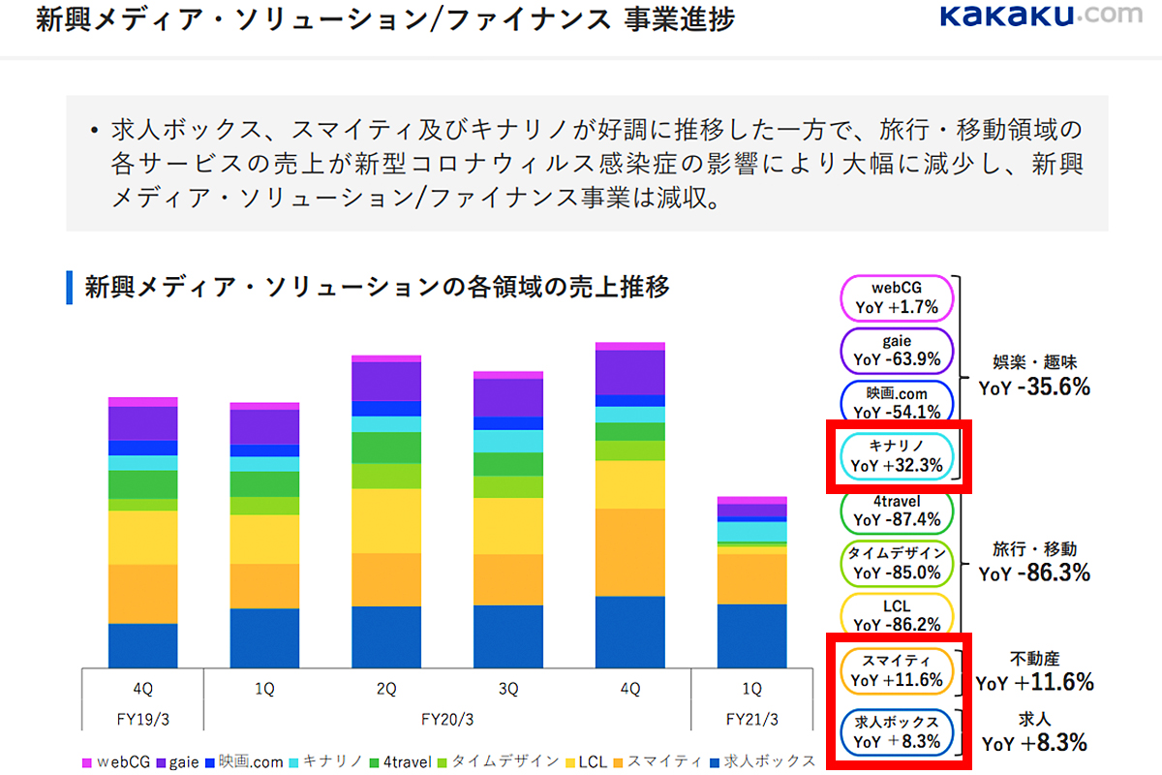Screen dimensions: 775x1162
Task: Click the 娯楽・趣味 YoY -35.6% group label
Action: click(x=1034, y=376)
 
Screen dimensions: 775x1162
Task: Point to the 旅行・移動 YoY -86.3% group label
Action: click(x=1034, y=562)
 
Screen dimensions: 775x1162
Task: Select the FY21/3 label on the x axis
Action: click(x=751, y=721)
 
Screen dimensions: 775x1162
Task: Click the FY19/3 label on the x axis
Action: click(x=142, y=721)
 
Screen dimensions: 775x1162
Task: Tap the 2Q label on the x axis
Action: click(x=386, y=690)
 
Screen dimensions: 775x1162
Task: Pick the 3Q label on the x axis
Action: click(x=508, y=690)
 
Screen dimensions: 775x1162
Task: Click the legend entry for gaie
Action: click(x=176, y=761)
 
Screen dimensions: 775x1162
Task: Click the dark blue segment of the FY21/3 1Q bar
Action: click(x=751, y=635)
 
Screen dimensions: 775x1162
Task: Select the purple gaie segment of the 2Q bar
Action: click(x=386, y=381)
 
